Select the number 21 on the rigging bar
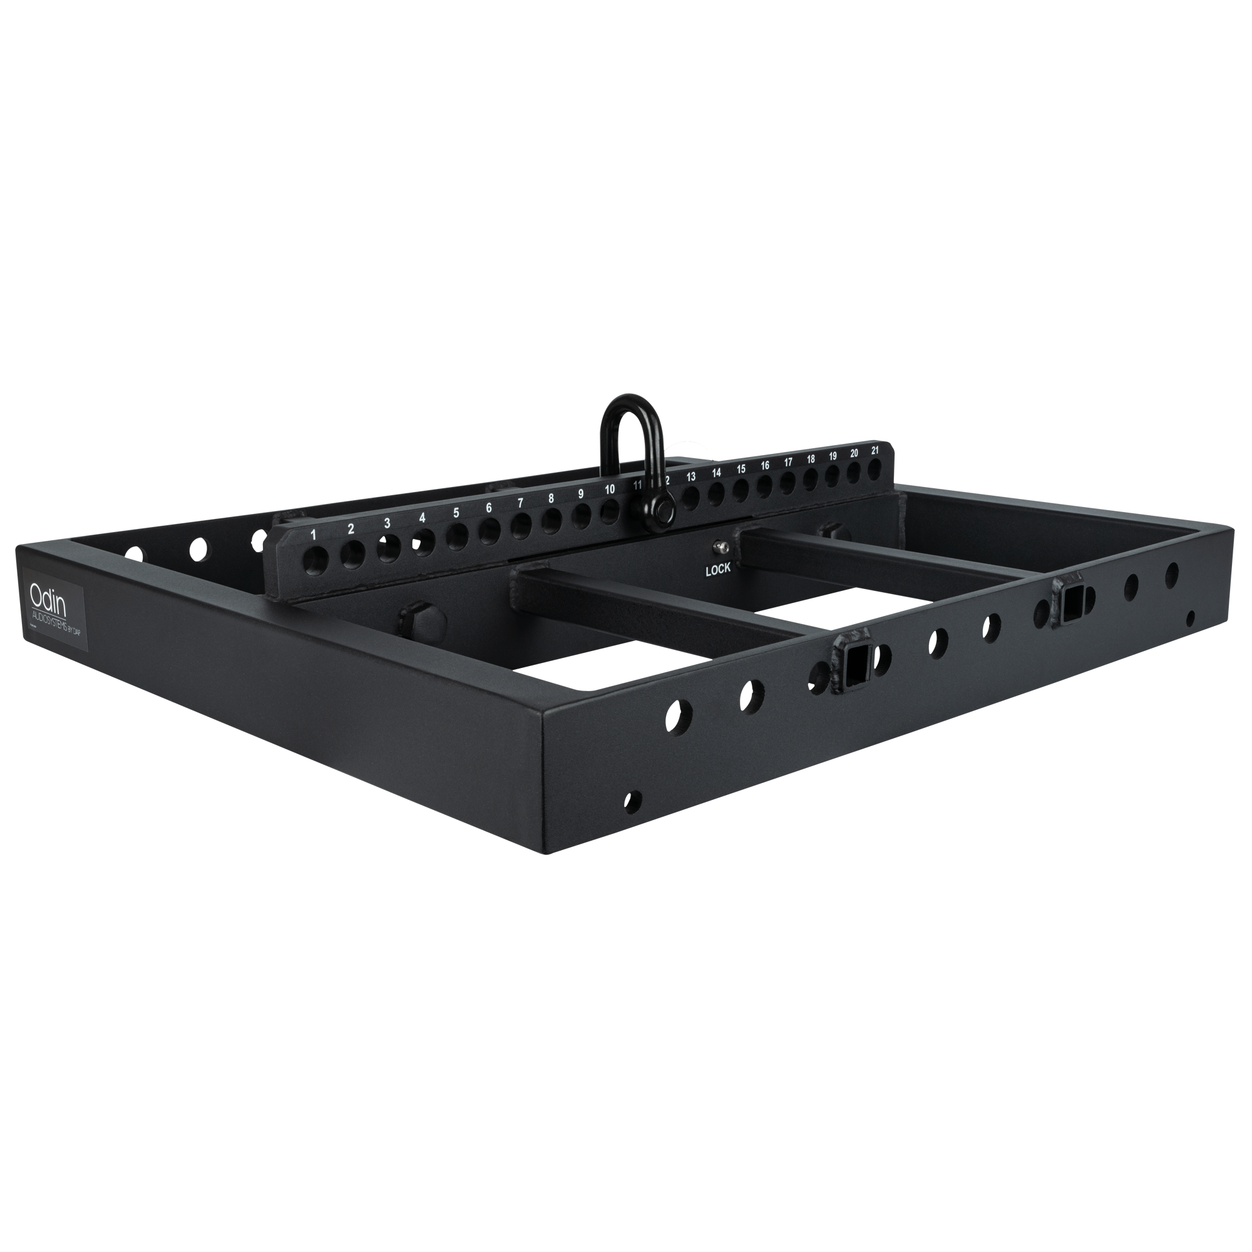click(876, 449)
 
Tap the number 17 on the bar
click(788, 462)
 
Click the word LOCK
click(718, 568)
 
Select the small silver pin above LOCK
click(719, 548)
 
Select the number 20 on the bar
click(854, 453)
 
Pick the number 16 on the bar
click(766, 465)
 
